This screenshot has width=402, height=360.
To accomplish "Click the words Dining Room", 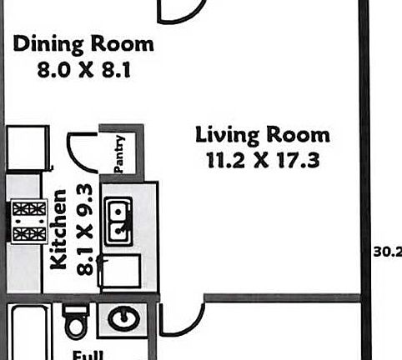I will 83,44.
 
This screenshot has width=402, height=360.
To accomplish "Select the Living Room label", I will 262,134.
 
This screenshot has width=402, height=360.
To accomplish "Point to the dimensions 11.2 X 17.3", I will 262,160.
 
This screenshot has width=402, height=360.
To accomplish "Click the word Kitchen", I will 59,229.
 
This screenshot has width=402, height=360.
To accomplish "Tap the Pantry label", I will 119,153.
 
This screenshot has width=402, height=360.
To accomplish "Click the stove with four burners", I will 28,221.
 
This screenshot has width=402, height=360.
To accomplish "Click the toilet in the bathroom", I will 76,321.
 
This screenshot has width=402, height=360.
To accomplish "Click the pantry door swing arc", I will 82,150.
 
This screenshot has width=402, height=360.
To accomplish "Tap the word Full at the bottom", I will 87,353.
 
